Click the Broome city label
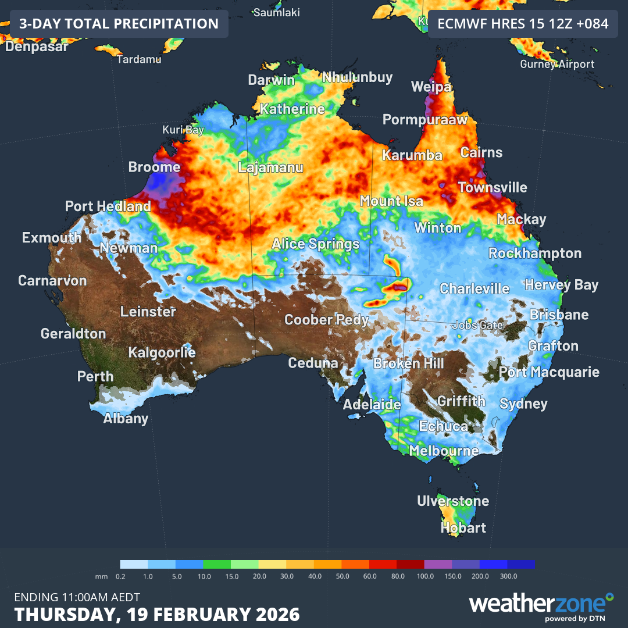pyautogui.click(x=154, y=167)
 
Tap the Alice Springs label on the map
pyautogui.click(x=316, y=244)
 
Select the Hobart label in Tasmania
pyautogui.click(x=463, y=528)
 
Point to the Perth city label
pyautogui.click(x=95, y=376)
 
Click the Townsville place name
pyautogui.click(x=493, y=188)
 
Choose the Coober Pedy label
pyautogui.click(x=326, y=319)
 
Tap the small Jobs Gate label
pyautogui.click(x=477, y=325)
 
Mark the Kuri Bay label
pyautogui.click(x=183, y=130)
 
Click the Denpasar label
pyautogui.click(x=37, y=47)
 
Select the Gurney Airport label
pyautogui.click(x=557, y=64)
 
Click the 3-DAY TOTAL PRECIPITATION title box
pyautogui.click(x=119, y=24)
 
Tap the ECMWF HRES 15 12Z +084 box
pyautogui.click(x=523, y=24)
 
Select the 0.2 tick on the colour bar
pyautogui.click(x=121, y=576)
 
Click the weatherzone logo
pyautogui.click(x=541, y=605)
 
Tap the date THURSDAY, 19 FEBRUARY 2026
pyautogui.click(x=157, y=615)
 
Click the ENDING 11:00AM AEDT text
pyautogui.click(x=77, y=597)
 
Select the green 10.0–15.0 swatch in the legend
pyautogui.click(x=217, y=564)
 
